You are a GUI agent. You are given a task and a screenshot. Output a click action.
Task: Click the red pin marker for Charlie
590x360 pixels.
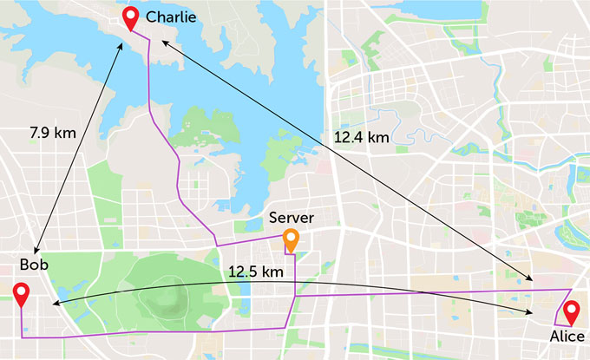pos(131,16)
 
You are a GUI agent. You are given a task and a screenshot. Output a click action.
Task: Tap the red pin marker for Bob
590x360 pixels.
pos(21,294)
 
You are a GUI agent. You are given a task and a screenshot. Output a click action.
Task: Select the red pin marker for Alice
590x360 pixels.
pos(571,311)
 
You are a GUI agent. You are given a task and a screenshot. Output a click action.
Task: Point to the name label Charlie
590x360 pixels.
pos(171,16)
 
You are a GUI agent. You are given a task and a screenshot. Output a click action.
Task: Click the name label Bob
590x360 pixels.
pos(36,264)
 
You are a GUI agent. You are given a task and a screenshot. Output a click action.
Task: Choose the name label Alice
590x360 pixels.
pos(569,335)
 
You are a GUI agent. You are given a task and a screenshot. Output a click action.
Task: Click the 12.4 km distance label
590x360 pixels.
pos(362,137)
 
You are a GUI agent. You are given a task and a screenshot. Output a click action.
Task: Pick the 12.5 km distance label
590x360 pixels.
pos(256,272)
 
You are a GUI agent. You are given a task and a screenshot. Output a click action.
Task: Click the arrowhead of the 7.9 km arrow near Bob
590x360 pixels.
pos(39,247)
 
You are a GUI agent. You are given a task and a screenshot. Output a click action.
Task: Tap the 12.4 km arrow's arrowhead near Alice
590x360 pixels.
pos(532,278)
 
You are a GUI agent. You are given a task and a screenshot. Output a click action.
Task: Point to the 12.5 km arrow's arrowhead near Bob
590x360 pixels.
pos(54,304)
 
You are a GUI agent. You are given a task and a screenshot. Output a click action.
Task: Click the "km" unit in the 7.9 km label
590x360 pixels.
pos(66,133)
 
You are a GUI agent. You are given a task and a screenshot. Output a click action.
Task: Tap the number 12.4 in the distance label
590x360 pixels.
pos(350,137)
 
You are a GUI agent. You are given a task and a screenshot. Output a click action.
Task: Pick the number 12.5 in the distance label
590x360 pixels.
pos(244,272)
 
